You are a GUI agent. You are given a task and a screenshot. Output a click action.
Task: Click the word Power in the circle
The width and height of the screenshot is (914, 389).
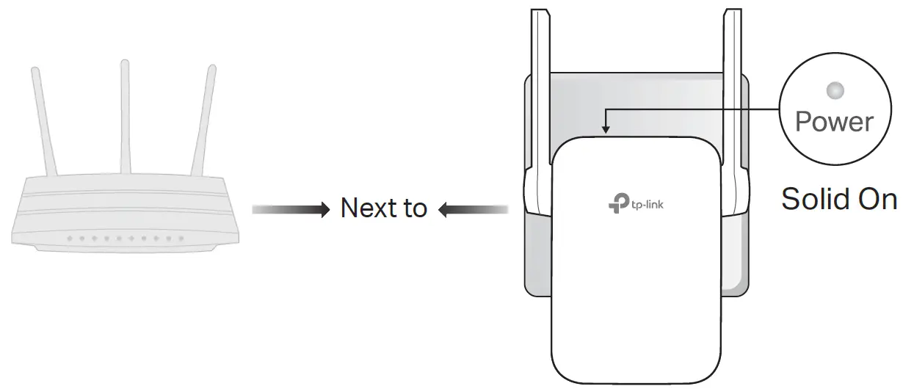coord(835,122)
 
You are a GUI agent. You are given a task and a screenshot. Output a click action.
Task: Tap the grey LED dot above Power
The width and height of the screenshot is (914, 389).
coord(835,91)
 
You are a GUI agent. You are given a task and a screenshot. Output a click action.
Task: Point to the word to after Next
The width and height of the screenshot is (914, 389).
coord(415,209)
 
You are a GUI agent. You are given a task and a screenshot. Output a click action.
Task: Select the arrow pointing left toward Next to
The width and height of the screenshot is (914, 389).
coord(474,211)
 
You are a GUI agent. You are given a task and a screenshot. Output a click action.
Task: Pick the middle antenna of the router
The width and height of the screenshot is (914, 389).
coord(126,117)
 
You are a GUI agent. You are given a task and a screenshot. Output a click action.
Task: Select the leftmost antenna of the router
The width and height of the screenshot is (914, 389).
coord(41,121)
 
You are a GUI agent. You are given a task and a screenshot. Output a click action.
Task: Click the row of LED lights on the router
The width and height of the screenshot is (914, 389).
coord(121,239)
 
